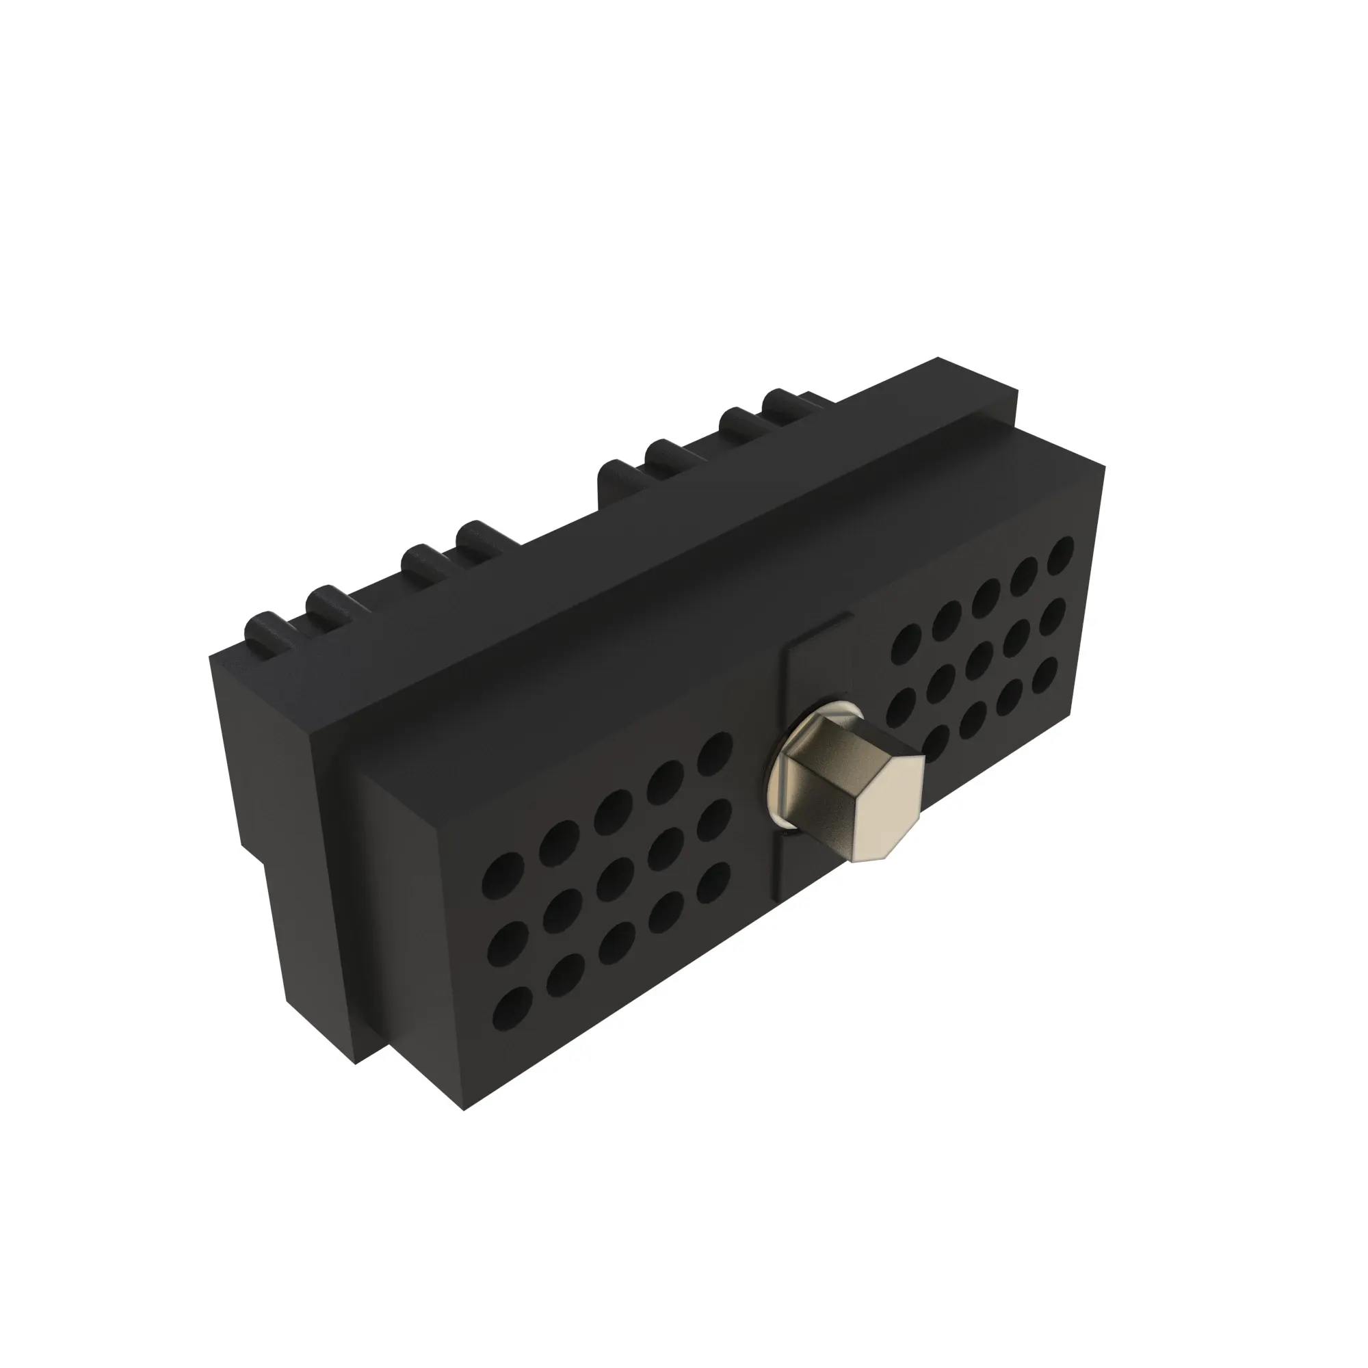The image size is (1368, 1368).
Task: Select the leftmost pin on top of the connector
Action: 263,627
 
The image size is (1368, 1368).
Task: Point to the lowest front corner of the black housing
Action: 464,1109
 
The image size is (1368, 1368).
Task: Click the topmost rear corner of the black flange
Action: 938,358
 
